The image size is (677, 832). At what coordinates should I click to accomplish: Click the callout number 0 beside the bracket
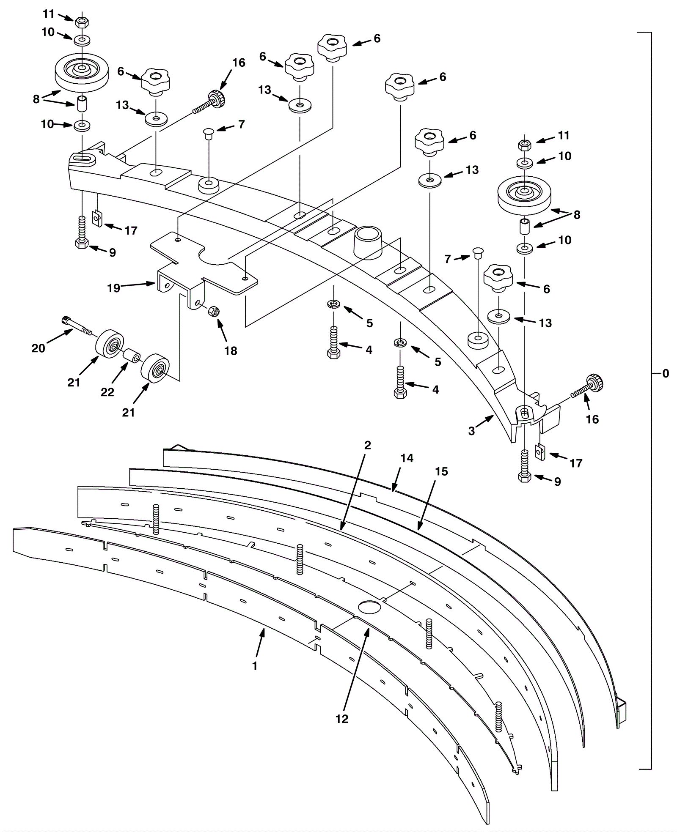(x=666, y=373)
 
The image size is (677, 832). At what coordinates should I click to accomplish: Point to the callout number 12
(x=342, y=718)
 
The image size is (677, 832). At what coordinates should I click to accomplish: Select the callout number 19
(x=114, y=288)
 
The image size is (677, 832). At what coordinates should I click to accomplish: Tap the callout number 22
(x=107, y=392)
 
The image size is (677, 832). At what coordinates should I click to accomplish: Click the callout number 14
(x=407, y=458)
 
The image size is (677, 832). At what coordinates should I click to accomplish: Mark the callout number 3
(x=471, y=431)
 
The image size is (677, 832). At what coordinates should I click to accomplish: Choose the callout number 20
(x=38, y=348)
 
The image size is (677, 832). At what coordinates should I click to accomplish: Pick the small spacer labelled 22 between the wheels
(x=132, y=356)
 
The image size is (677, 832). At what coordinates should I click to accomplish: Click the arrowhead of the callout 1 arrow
(x=264, y=629)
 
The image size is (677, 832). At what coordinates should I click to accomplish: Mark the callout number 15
(x=441, y=471)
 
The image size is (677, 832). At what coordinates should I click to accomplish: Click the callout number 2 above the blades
(x=367, y=445)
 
